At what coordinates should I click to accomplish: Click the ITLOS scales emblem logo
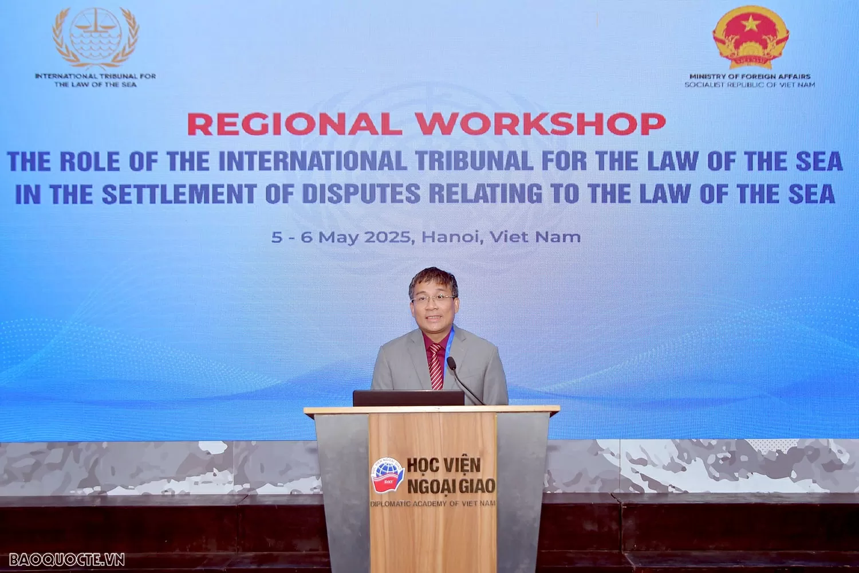point(96,37)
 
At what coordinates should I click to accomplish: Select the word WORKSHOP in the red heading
point(540,124)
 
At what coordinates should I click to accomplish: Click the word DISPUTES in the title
point(361,194)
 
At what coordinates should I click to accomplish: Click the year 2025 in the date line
point(388,237)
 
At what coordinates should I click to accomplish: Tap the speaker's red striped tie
point(436,365)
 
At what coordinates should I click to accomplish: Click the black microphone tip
point(451,362)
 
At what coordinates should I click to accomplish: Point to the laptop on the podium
point(408,398)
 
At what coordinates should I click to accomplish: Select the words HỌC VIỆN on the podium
point(444,465)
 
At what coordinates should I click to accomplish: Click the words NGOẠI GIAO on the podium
point(451,486)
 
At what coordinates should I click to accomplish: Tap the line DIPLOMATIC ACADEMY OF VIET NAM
point(433,503)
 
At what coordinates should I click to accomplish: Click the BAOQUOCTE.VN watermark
point(67,559)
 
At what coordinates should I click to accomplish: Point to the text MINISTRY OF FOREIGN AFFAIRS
point(750,76)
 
